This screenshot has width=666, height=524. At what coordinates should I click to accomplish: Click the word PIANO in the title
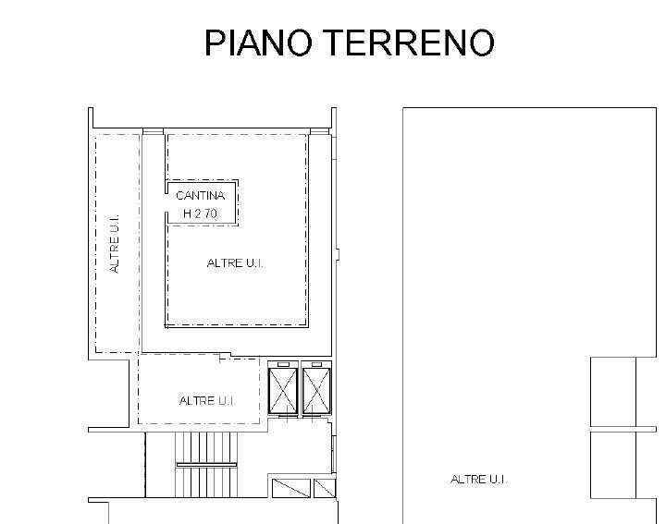point(258,43)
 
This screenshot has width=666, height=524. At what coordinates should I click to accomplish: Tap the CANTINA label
point(200,196)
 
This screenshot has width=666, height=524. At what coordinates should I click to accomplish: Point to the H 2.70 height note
point(200,213)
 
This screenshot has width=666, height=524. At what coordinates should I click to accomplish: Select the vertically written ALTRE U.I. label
point(115,243)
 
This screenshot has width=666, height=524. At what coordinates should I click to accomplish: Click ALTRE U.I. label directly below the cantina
point(235,263)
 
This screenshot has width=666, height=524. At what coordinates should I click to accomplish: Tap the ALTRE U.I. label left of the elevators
point(207,401)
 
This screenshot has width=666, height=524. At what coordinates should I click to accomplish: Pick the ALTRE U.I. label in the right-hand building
point(479,480)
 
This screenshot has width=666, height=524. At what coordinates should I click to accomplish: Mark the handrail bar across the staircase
point(206,465)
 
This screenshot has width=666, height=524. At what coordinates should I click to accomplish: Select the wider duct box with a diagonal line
point(291,488)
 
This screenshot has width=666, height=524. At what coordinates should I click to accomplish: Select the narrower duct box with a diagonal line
point(325,488)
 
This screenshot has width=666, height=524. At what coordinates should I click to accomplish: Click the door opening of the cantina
point(166,202)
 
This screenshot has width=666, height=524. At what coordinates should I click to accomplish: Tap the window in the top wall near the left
point(153,131)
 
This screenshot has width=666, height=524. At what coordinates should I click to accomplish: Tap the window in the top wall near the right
point(319,131)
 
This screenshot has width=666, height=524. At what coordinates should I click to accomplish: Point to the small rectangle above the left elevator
point(283,364)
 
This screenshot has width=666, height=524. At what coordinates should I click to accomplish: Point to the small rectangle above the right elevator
point(316,364)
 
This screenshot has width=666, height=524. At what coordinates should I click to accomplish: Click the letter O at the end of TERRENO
point(482,43)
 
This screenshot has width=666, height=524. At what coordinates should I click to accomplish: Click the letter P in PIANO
point(215,43)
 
